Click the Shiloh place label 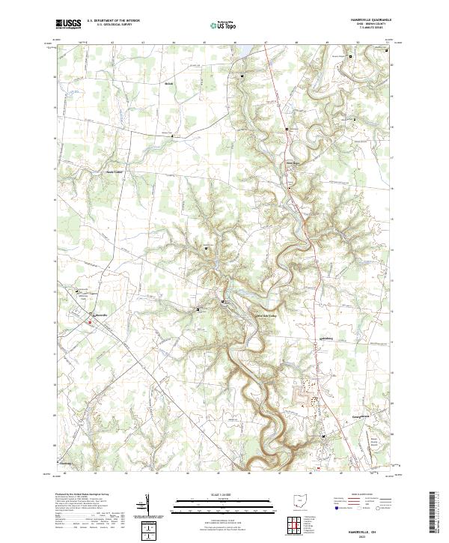pos(169,84)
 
